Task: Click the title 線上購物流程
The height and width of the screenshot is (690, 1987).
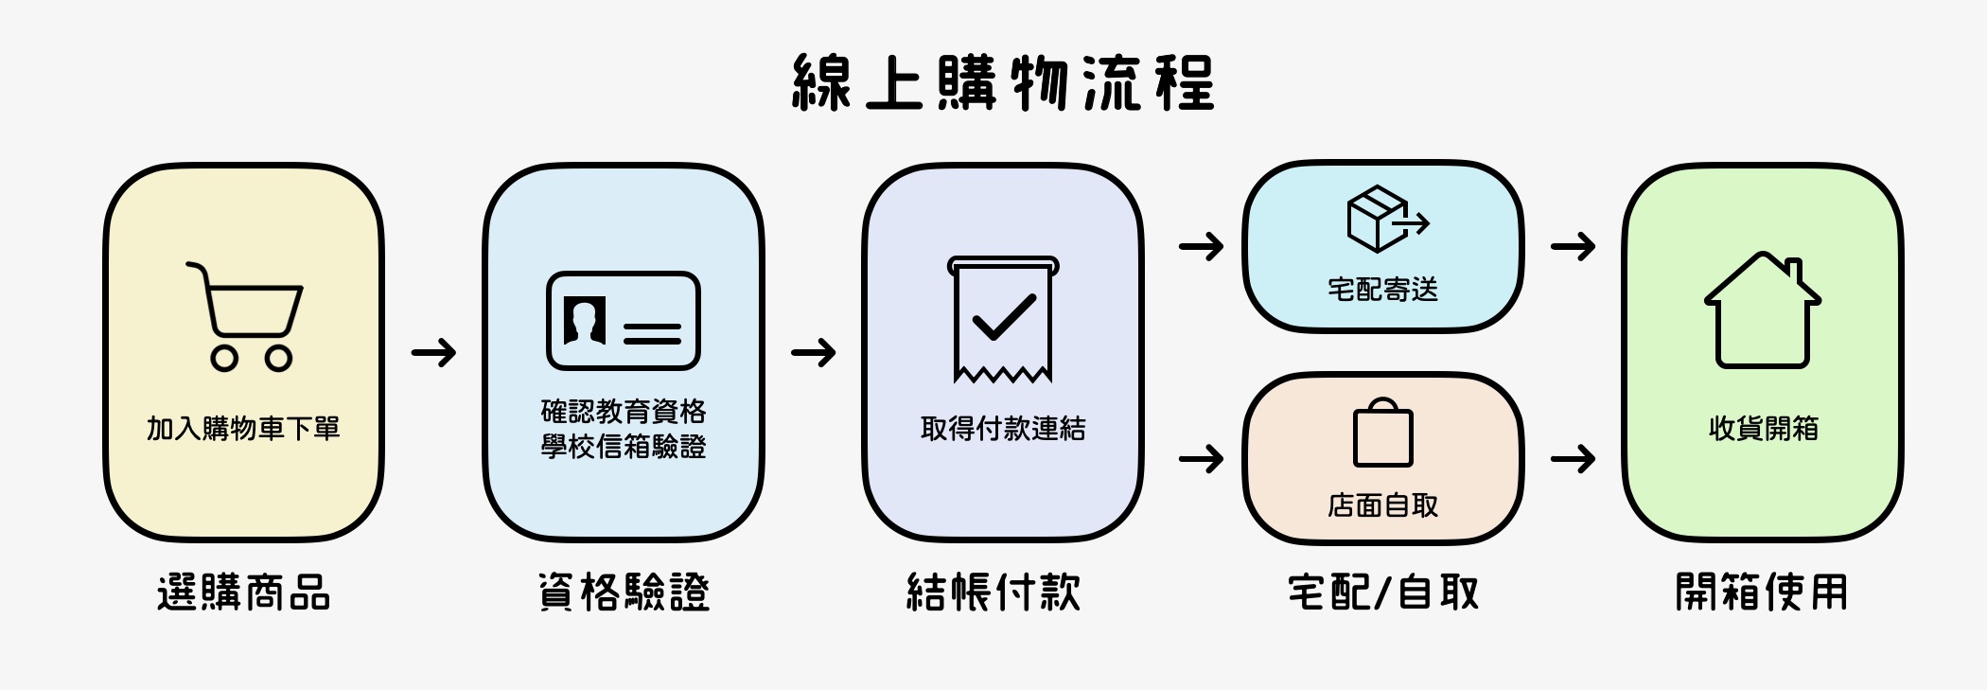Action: tap(1003, 83)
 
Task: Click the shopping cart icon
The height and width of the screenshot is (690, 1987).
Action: tap(245, 316)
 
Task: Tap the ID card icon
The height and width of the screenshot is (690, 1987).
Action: tap(623, 321)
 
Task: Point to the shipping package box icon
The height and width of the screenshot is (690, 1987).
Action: tap(1383, 219)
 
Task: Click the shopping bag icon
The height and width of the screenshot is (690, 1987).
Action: tap(1382, 433)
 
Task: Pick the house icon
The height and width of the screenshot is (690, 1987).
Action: tap(1762, 310)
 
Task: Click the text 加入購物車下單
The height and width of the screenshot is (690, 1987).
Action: tap(243, 429)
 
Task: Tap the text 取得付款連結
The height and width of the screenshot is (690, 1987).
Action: tap(1003, 429)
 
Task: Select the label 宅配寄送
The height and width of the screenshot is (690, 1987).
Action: tap(1382, 289)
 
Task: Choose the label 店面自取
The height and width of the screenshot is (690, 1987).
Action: tap(1382, 506)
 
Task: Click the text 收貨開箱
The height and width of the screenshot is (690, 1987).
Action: tap(1763, 429)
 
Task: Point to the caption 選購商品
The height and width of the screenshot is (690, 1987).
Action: tap(243, 593)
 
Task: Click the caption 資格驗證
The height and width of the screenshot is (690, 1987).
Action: tap(624, 593)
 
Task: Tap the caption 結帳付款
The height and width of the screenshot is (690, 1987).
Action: tap(993, 593)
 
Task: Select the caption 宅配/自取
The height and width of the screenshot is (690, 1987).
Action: tap(1382, 593)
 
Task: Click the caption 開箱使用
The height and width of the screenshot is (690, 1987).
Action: tap(1761, 593)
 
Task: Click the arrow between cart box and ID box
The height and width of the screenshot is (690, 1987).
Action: tap(433, 353)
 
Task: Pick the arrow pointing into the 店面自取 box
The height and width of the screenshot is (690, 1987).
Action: tap(1201, 460)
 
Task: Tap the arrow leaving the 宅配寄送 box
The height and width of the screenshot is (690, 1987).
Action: tap(1573, 247)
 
